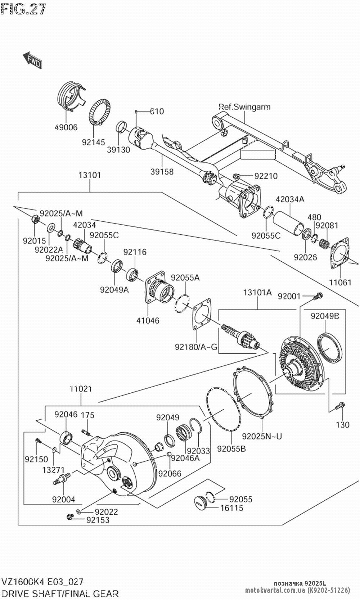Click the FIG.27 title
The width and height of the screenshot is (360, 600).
(x=23, y=9)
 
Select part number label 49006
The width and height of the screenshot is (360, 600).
(x=66, y=127)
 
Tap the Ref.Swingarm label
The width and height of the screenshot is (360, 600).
(x=244, y=107)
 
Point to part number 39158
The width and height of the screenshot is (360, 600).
(x=161, y=172)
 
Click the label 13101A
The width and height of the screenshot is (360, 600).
(x=257, y=292)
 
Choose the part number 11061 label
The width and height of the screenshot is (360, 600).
(x=340, y=282)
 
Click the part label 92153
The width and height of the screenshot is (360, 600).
(x=97, y=520)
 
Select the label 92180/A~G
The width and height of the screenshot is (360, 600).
(x=196, y=347)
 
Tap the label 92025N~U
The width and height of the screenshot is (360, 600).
(x=262, y=436)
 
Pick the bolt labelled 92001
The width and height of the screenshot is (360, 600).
(x=318, y=296)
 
